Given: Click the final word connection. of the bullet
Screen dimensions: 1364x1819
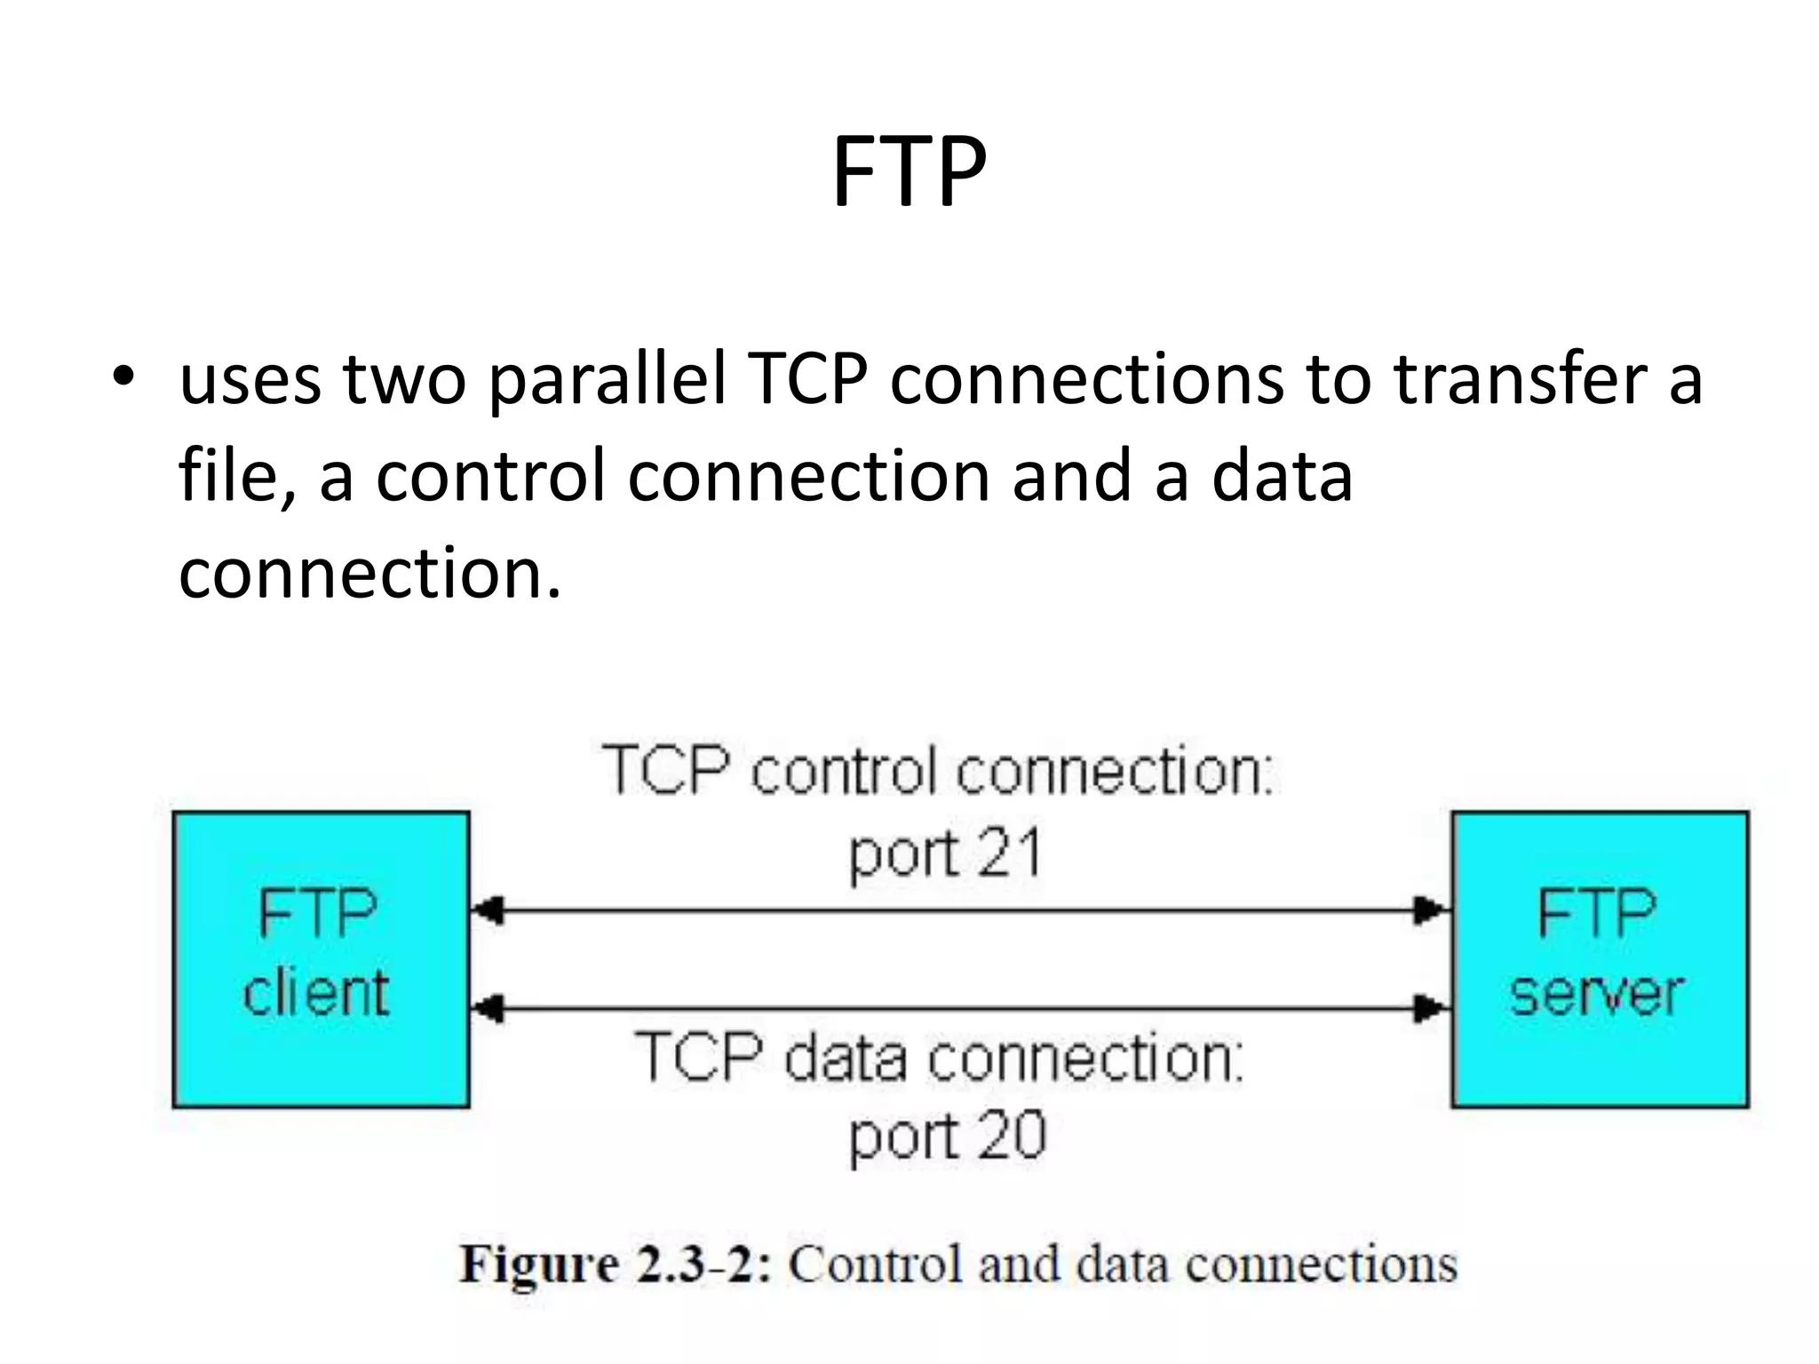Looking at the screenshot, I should click(369, 573).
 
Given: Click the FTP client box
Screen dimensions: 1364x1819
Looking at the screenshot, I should click(321, 959).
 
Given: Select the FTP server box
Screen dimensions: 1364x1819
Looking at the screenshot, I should click(1600, 959).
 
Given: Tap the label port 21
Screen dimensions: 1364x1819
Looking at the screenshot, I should click(945, 854).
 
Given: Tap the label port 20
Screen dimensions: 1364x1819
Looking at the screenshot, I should click(947, 1137).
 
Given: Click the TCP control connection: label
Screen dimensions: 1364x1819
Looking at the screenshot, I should click(938, 771).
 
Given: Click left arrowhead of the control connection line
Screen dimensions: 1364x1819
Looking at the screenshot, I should click(487, 911).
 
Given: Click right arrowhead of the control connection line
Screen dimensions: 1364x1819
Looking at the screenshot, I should click(1432, 911).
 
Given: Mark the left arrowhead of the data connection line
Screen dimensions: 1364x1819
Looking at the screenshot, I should click(487, 1009).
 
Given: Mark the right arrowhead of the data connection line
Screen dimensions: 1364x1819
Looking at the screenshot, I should click(1432, 1009).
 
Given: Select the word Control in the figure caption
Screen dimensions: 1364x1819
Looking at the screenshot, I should click(875, 1265).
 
